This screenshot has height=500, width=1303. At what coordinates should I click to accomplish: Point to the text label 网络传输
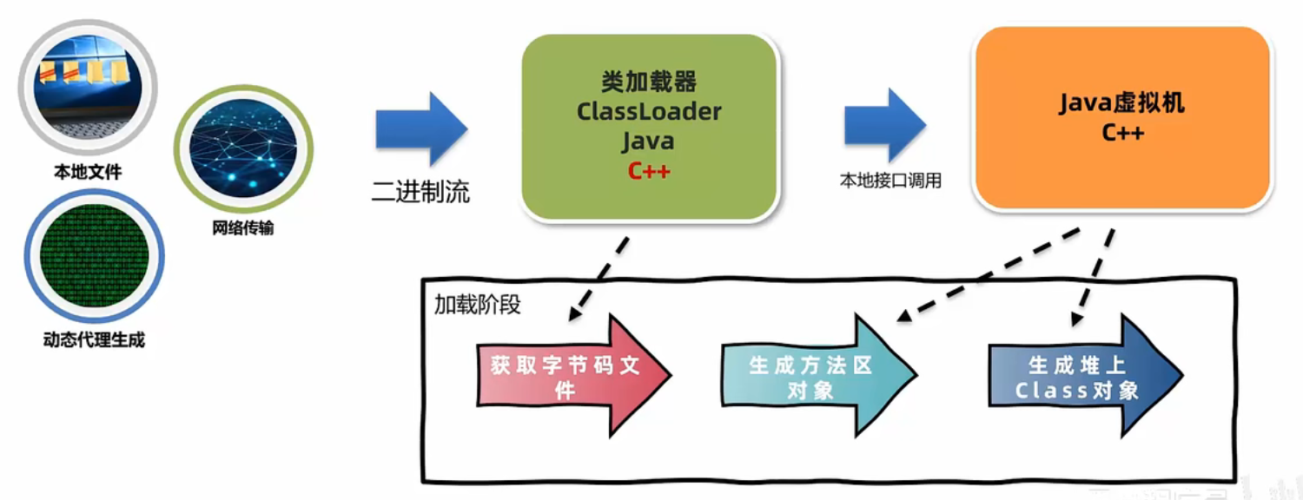coord(243,229)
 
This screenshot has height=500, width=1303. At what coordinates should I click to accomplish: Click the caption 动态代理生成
coord(94,339)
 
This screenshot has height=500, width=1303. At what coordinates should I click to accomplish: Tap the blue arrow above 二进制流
coord(421,129)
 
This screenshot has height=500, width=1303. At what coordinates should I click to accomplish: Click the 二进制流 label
coord(420,191)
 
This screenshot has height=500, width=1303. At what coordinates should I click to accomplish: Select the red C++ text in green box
coord(649,170)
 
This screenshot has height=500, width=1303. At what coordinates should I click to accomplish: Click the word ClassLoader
coord(649,112)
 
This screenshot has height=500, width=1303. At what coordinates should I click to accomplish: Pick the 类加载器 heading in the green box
coord(649,82)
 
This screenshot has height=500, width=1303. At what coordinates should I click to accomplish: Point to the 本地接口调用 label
coord(890,181)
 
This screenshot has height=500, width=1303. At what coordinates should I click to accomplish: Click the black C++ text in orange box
coord(1122,133)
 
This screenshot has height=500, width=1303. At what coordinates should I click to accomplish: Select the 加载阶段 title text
coord(477,305)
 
